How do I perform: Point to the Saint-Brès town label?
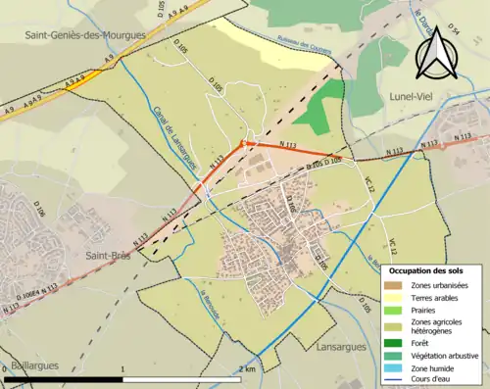click(x=110, y=256)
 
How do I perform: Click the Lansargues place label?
click(x=341, y=347)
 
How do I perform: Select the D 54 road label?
click(x=453, y=31)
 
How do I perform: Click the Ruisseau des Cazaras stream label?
click(x=304, y=46)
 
